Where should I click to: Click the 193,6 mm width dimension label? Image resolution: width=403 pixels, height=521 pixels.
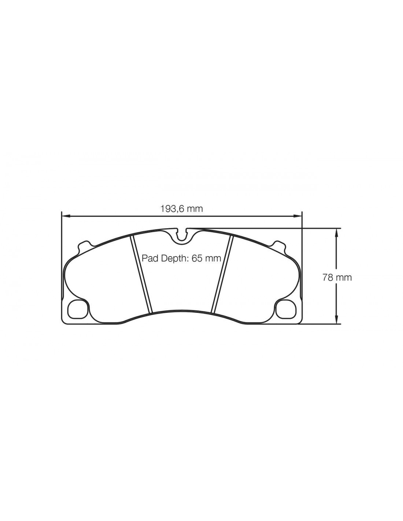click(181, 209)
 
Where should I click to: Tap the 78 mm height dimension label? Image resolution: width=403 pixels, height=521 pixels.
click(337, 278)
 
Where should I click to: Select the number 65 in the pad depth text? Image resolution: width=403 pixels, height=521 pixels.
click(196, 258)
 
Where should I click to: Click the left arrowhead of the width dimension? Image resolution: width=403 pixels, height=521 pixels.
click(66, 217)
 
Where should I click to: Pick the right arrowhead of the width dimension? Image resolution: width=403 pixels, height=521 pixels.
click(298, 217)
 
